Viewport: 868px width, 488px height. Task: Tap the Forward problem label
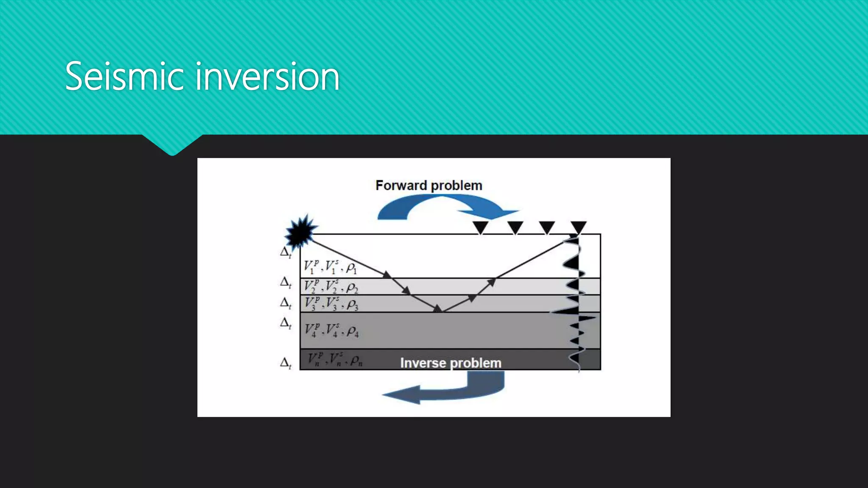[x=428, y=186]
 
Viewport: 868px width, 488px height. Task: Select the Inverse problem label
[x=451, y=363]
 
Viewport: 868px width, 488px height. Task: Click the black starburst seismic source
[x=300, y=232]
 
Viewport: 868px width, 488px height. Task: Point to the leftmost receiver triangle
[x=481, y=227]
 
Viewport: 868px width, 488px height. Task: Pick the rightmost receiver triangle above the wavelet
[x=578, y=227]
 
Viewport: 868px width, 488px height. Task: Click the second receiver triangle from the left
[x=515, y=227]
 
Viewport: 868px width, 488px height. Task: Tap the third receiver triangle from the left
[x=547, y=227]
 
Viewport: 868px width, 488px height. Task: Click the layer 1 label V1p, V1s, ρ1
[x=330, y=267]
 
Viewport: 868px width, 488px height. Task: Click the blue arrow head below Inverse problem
[x=403, y=395]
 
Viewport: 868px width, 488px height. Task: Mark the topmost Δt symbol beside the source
[x=286, y=252]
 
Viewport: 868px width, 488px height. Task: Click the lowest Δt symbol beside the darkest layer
[x=286, y=363]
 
